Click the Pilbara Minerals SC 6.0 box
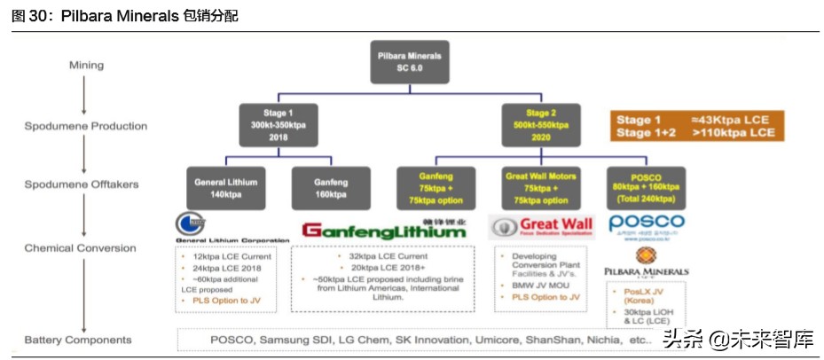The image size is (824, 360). [x=411, y=62]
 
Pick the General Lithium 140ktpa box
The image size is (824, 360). [x=225, y=187]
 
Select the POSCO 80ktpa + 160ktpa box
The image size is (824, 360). [x=644, y=187]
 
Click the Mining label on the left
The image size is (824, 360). [x=86, y=65]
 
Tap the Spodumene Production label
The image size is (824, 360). [x=85, y=126]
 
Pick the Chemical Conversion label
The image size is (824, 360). [x=80, y=248]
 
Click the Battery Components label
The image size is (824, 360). [x=78, y=340]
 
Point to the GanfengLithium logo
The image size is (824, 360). [x=383, y=231]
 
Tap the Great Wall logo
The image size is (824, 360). [x=541, y=226]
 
